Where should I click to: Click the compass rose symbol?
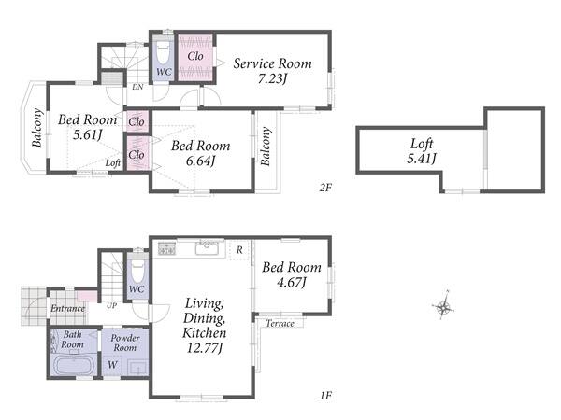coord(443,306)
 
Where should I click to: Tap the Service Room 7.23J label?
coord(272,71)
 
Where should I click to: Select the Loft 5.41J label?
coord(422,150)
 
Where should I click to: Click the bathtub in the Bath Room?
coord(74,365)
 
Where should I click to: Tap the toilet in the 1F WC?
coord(137,270)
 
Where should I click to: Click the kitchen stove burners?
coord(166,248)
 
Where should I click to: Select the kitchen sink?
coord(208,248)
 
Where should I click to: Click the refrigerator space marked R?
coord(239,250)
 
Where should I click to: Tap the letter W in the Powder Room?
coord(112,365)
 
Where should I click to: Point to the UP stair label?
coord(111,306)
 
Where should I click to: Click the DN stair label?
coord(137,87)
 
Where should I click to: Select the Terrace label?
coord(280,324)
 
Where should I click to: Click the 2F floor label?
coord(325,188)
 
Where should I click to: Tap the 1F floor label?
coord(325,396)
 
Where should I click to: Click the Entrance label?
coord(67,308)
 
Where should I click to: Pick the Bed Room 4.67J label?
coord(292,274)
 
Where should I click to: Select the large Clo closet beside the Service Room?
coord(195,57)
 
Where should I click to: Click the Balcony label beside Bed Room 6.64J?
coord(266,147)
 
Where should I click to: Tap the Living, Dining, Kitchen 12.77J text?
coord(204,326)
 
